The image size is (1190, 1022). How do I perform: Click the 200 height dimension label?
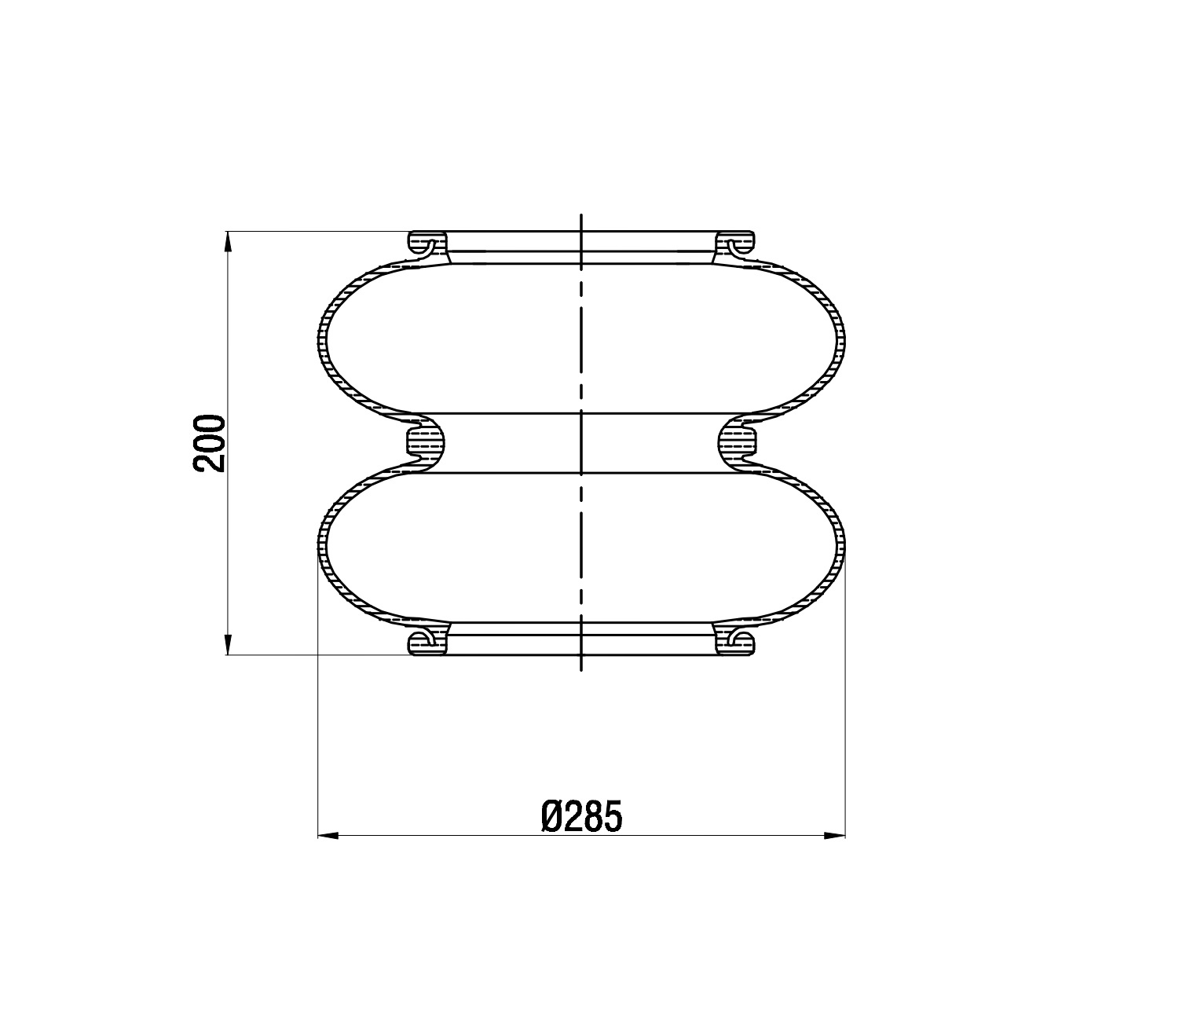coord(210,444)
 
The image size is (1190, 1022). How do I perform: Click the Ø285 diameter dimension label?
coord(582,816)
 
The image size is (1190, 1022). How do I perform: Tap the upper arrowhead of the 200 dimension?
coord(228,242)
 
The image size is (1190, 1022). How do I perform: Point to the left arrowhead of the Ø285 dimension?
coord(328,836)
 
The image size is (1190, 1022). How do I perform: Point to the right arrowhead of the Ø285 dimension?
coord(835,836)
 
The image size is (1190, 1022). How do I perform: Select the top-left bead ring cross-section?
coord(427,243)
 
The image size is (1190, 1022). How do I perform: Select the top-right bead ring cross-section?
coord(735,243)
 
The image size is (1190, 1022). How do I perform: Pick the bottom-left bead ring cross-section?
coord(427,643)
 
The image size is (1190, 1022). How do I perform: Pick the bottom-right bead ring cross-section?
coord(735,643)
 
